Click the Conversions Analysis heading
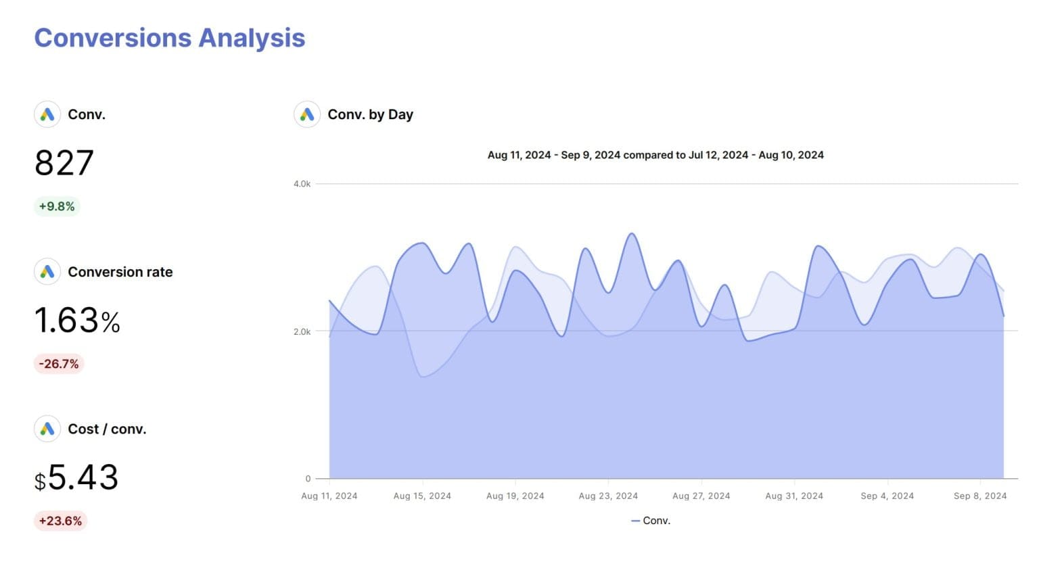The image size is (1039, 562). (170, 38)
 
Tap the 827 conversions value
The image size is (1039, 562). (64, 163)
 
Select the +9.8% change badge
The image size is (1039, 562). (57, 206)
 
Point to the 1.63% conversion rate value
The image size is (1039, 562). (77, 321)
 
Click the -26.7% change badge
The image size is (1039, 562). (59, 364)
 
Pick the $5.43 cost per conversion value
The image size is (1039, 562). (76, 477)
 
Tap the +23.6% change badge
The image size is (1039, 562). (60, 521)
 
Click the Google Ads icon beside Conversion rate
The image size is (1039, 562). (47, 272)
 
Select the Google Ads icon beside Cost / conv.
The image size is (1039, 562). (47, 429)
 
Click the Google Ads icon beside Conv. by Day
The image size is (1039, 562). (307, 114)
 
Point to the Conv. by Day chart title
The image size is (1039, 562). (370, 114)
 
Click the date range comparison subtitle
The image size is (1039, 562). (655, 155)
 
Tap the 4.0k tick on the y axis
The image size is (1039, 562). (302, 184)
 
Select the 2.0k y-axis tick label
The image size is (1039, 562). (302, 331)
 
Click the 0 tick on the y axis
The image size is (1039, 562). (308, 479)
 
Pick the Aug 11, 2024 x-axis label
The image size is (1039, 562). (329, 496)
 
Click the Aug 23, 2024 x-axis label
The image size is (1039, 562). (608, 496)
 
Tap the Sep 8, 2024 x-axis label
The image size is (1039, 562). (980, 496)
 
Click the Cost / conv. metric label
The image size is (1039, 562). (107, 429)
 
